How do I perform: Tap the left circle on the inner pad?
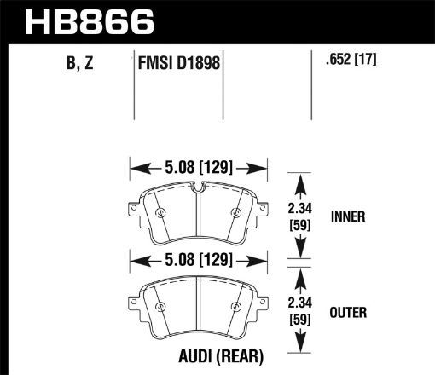click(161, 212)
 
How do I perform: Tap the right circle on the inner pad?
click(235, 212)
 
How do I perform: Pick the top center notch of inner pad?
click(198, 187)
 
